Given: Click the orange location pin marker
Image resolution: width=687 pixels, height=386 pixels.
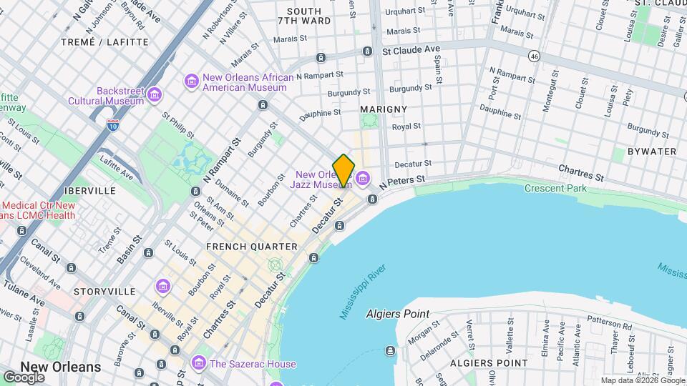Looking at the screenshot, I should pos(343,170).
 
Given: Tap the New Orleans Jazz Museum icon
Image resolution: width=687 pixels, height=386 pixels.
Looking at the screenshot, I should pos(364,177).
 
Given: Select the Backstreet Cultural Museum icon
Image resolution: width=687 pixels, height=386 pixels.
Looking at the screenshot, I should pos(155,94).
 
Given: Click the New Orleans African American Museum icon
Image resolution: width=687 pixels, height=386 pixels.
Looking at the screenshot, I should pos(191,79).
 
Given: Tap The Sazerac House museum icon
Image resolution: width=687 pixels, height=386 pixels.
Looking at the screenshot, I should pos(199,364).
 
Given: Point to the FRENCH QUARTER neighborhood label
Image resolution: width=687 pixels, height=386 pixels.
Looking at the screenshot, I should pos(251,247).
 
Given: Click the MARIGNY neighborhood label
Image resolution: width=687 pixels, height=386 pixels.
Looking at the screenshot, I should pos(384,109).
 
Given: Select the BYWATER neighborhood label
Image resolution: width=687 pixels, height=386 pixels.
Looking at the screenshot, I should pos(651,152).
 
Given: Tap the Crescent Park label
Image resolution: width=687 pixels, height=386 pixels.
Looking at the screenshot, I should pos(555,189).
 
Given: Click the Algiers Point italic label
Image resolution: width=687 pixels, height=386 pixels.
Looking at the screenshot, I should pos(397,314).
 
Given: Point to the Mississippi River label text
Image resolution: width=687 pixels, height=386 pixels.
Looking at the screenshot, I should pos(363,292).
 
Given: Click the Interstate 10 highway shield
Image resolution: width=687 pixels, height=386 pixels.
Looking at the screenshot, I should pos(113,124).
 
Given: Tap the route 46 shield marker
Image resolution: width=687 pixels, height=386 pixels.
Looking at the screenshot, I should pos(534,55).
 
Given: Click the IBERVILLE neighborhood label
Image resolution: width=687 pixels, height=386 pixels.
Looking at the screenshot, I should pos(89,192).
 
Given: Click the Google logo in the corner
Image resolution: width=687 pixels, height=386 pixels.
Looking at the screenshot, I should pos(24,377).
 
